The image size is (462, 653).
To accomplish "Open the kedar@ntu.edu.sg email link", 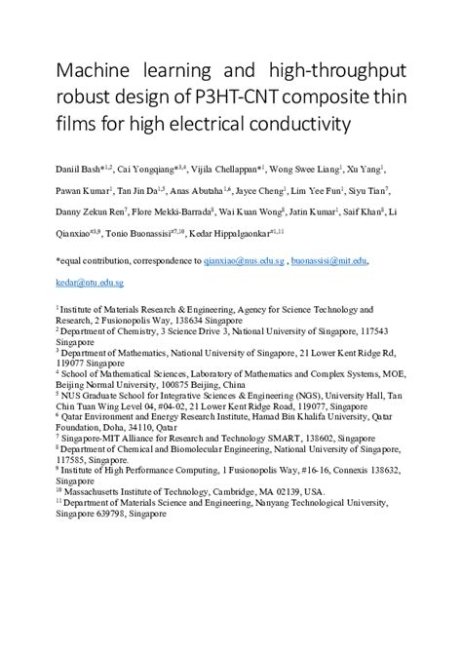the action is [89, 282].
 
